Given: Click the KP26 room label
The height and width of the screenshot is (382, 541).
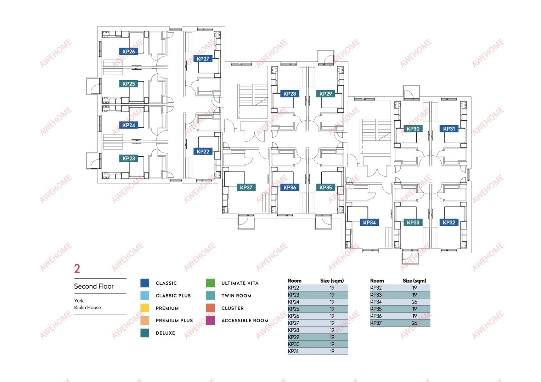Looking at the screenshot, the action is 129,51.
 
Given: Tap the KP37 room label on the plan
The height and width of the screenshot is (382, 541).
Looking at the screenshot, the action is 246,187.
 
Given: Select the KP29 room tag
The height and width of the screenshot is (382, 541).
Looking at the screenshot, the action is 326,94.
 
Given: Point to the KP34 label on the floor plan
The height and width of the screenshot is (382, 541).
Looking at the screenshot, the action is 369,222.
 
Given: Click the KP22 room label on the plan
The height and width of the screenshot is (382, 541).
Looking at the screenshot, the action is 203,151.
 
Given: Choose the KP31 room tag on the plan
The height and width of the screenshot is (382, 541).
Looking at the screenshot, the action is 449,129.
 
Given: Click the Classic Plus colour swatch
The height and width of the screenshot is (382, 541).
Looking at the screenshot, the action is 145,295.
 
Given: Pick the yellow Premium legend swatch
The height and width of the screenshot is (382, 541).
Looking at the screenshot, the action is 145,308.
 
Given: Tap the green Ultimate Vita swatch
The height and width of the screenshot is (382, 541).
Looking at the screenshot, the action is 210,283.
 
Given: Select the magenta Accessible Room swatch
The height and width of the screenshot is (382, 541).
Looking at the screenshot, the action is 210,320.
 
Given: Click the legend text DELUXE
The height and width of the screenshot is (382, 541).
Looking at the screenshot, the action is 165,333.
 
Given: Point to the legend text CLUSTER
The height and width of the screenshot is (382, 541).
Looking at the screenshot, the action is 232,308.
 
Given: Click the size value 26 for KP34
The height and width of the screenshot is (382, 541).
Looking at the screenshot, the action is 415,302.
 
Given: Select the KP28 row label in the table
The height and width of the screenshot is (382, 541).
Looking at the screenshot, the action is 293,330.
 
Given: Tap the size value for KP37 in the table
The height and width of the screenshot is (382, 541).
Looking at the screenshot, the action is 415,323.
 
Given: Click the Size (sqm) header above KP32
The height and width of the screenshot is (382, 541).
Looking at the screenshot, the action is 415,281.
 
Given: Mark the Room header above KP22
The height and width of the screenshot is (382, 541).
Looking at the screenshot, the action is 294,281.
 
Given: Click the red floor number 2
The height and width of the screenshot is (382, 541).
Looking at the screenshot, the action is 77,268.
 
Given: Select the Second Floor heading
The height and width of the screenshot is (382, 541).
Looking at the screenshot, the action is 94,286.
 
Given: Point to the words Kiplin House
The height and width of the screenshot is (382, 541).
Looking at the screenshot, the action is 88,307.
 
